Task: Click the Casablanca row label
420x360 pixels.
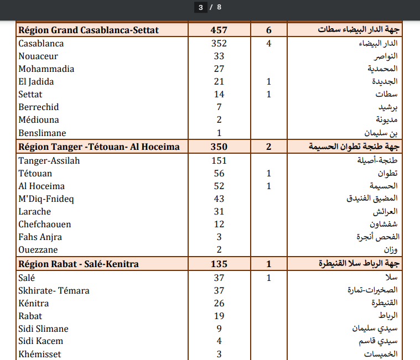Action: pyautogui.click(x=41, y=43)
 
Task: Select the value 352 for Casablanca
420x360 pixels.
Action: pyautogui.click(x=219, y=43)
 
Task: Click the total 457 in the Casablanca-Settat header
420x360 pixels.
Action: pyautogui.click(x=219, y=30)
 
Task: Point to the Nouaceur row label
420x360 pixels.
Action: pyautogui.click(x=38, y=56)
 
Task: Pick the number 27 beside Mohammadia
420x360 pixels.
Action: pyautogui.click(x=219, y=69)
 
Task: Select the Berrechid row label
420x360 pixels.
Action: pyautogui.click(x=39, y=107)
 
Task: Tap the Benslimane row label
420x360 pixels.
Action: pyautogui.click(x=42, y=133)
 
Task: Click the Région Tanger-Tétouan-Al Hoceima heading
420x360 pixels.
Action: pyautogui.click(x=99, y=147)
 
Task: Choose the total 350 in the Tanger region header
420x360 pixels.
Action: pyautogui.click(x=219, y=147)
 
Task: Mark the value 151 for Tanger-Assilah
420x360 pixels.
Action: pyautogui.click(x=219, y=160)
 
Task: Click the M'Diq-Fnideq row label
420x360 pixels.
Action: pyautogui.click(x=46, y=199)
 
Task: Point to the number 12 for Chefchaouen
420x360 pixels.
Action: pyautogui.click(x=219, y=224)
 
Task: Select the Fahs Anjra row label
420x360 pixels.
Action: pyautogui.click(x=40, y=237)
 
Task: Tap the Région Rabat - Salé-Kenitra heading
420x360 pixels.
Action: pyautogui.click(x=79, y=264)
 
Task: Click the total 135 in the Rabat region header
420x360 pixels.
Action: pyautogui.click(x=219, y=264)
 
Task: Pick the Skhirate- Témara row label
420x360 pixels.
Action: pyautogui.click(x=54, y=290)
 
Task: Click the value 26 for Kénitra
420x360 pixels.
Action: pyautogui.click(x=219, y=303)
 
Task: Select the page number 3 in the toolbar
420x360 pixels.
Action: pyautogui.click(x=201, y=7)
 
